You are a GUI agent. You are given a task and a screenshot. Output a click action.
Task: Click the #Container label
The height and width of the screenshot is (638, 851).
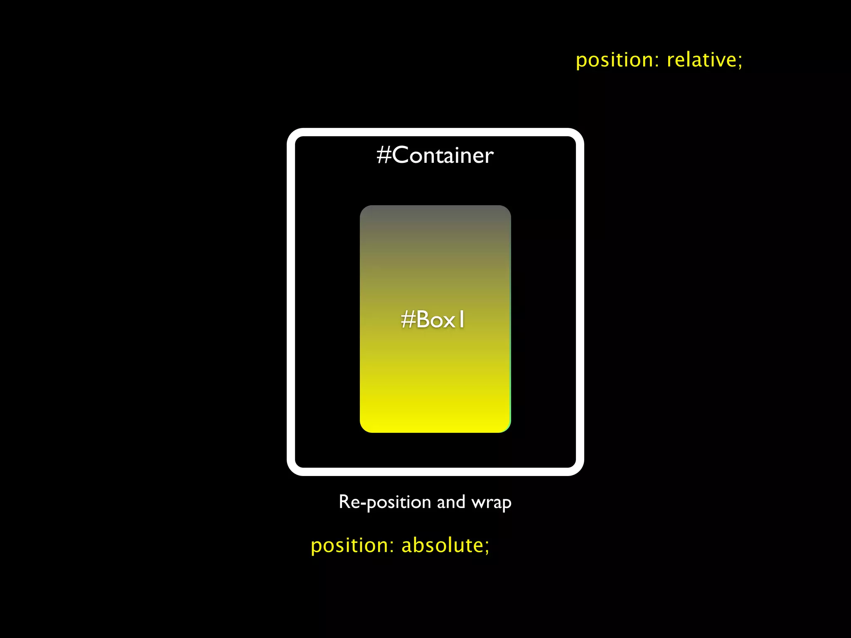[435, 155]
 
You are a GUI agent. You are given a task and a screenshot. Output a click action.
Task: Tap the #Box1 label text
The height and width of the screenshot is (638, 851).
[433, 320]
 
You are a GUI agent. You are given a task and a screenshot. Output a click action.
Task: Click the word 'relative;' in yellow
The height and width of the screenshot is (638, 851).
[704, 60]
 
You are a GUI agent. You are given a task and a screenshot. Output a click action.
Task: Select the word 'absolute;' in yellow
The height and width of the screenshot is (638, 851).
[445, 545]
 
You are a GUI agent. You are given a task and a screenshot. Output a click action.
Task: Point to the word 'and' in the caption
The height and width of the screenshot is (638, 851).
[451, 502]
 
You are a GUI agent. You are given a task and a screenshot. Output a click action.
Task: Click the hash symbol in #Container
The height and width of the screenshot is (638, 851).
[384, 155]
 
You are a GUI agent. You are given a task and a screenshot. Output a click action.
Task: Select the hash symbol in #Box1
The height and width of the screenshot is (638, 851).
[408, 320]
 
